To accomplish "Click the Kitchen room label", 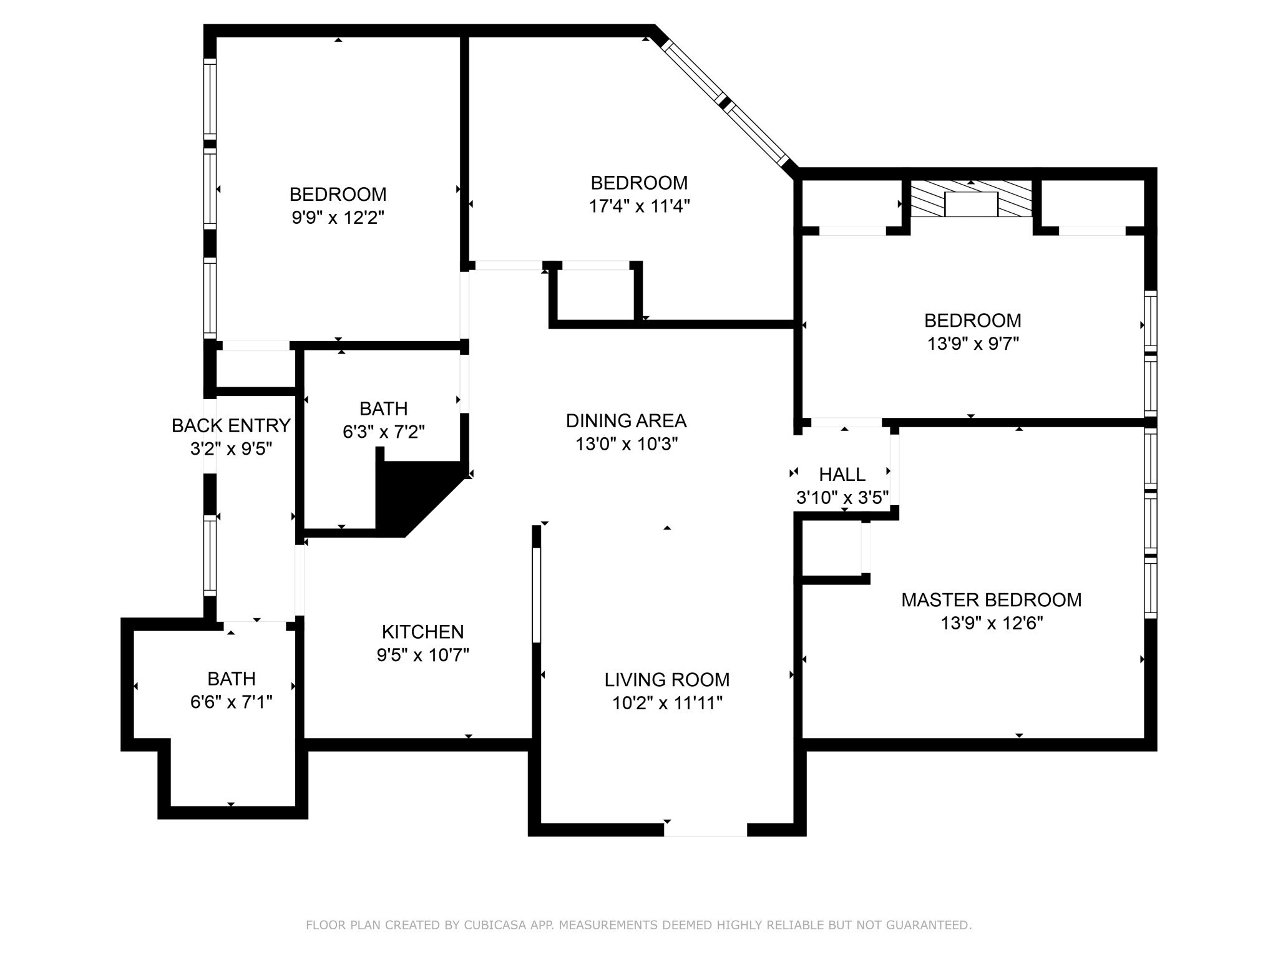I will click(x=422, y=632).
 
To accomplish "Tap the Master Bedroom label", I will click(x=991, y=600).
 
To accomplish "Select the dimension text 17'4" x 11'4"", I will click(x=639, y=206).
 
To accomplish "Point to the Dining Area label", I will click(x=626, y=421).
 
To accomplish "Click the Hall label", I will click(x=842, y=475).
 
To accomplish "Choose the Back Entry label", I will click(x=231, y=425).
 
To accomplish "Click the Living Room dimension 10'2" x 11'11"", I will click(x=666, y=703).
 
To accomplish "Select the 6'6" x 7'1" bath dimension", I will click(x=231, y=702).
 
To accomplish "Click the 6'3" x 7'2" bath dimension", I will click(x=383, y=432).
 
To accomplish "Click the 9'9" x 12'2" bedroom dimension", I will click(x=338, y=218).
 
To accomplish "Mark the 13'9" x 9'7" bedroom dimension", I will click(x=972, y=344).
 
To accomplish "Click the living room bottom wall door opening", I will click(x=705, y=830).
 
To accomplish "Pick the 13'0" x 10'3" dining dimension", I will click(x=626, y=444).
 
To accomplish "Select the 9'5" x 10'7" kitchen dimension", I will click(x=422, y=655).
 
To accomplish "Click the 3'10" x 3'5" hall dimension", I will click(x=842, y=498).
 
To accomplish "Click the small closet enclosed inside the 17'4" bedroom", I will click(x=595, y=294).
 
